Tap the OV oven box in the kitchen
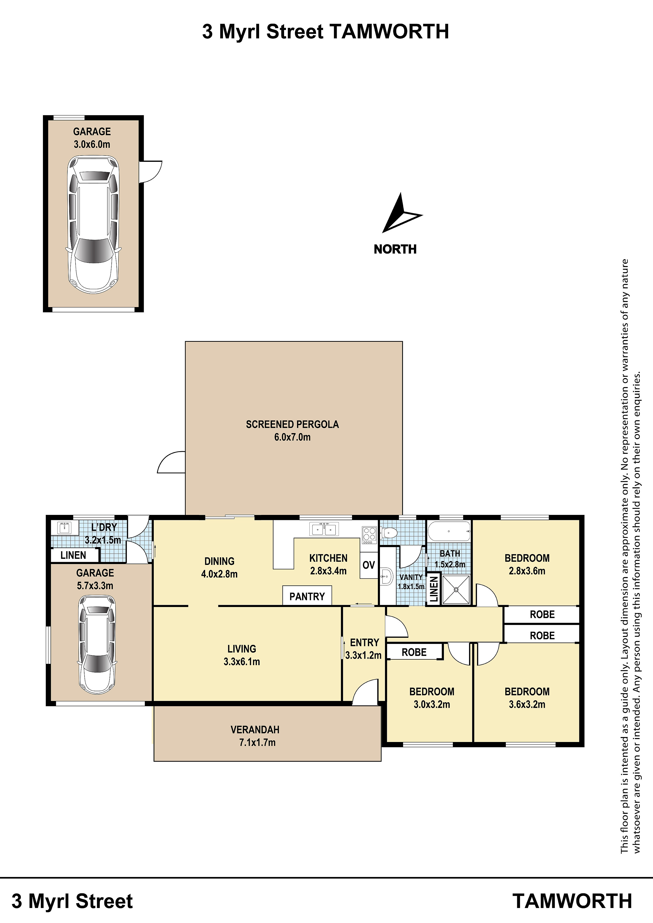click(x=369, y=565)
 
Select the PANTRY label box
click(x=307, y=596)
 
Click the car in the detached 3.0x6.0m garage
click(x=93, y=224)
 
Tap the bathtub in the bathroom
click(x=449, y=531)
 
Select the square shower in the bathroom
click(x=456, y=589)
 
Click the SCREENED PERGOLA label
click(x=293, y=424)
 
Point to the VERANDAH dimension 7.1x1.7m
click(x=258, y=743)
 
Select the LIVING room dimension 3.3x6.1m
click(x=242, y=661)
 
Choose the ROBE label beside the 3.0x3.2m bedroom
click(x=414, y=652)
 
